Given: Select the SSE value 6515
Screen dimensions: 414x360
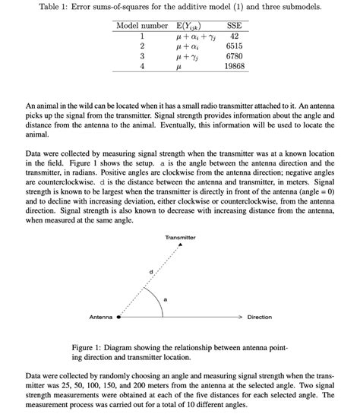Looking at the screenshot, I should click(234, 46).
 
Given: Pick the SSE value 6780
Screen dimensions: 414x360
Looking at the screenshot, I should click(234, 56).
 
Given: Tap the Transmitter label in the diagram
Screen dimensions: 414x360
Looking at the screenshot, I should click(180, 239).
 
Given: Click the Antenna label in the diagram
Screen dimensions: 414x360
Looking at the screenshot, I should click(101, 317).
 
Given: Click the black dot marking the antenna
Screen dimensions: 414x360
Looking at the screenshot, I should click(118, 317).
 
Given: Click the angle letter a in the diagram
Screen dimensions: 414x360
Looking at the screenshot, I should click(165, 300).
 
